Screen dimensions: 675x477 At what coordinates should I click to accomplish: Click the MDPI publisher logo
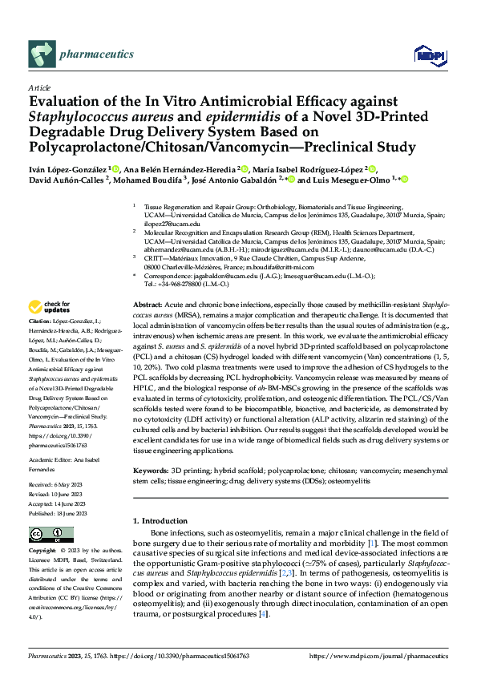click(426, 55)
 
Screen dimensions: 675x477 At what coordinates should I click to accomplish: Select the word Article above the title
click(38, 87)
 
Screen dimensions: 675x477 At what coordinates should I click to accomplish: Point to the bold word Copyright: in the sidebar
click(45, 552)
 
